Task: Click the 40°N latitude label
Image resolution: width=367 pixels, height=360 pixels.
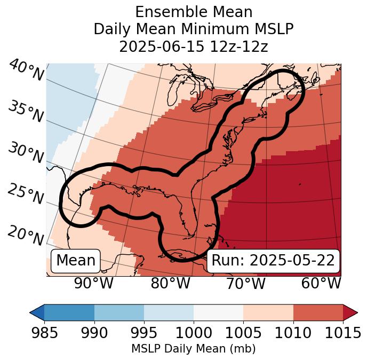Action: (26, 71)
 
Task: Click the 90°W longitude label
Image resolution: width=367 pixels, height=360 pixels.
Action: (93, 284)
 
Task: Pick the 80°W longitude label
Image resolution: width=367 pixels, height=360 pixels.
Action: (170, 284)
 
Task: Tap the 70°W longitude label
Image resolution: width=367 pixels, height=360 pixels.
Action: (245, 284)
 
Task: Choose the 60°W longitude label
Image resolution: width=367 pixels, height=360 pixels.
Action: (321, 284)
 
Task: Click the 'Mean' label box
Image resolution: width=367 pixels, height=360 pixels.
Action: (76, 261)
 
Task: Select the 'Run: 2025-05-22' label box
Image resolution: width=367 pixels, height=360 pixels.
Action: (273, 261)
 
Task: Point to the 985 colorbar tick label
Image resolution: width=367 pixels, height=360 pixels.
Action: (44, 333)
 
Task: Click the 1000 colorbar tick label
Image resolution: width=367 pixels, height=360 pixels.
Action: (194, 333)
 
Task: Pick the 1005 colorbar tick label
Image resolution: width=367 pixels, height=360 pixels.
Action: (243, 333)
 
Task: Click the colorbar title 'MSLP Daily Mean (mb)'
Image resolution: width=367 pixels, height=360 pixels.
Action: (193, 349)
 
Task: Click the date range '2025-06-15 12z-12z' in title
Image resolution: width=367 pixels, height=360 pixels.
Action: (193, 46)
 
